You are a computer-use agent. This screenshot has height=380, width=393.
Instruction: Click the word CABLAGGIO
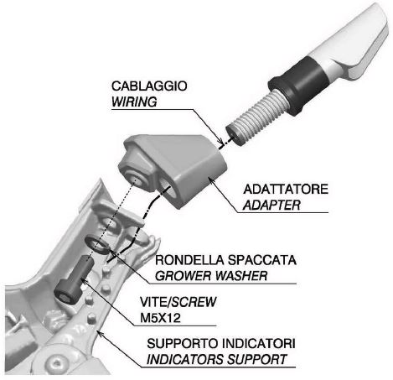point(149,86)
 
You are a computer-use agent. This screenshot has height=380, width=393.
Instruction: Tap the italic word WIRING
point(134,102)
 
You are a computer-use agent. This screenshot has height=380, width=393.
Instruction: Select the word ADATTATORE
point(286,190)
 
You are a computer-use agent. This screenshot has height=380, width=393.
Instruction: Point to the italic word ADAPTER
point(271,206)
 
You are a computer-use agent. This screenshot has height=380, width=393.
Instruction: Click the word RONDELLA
point(189,260)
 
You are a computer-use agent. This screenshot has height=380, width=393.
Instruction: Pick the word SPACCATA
point(261,260)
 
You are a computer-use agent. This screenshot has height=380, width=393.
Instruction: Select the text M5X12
point(160,318)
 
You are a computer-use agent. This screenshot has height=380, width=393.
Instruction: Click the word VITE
point(153,302)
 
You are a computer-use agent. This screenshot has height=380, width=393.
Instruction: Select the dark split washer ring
point(97,245)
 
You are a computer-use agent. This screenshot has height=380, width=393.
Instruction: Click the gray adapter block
point(173,170)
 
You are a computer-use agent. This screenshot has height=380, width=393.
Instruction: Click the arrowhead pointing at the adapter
point(211,180)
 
